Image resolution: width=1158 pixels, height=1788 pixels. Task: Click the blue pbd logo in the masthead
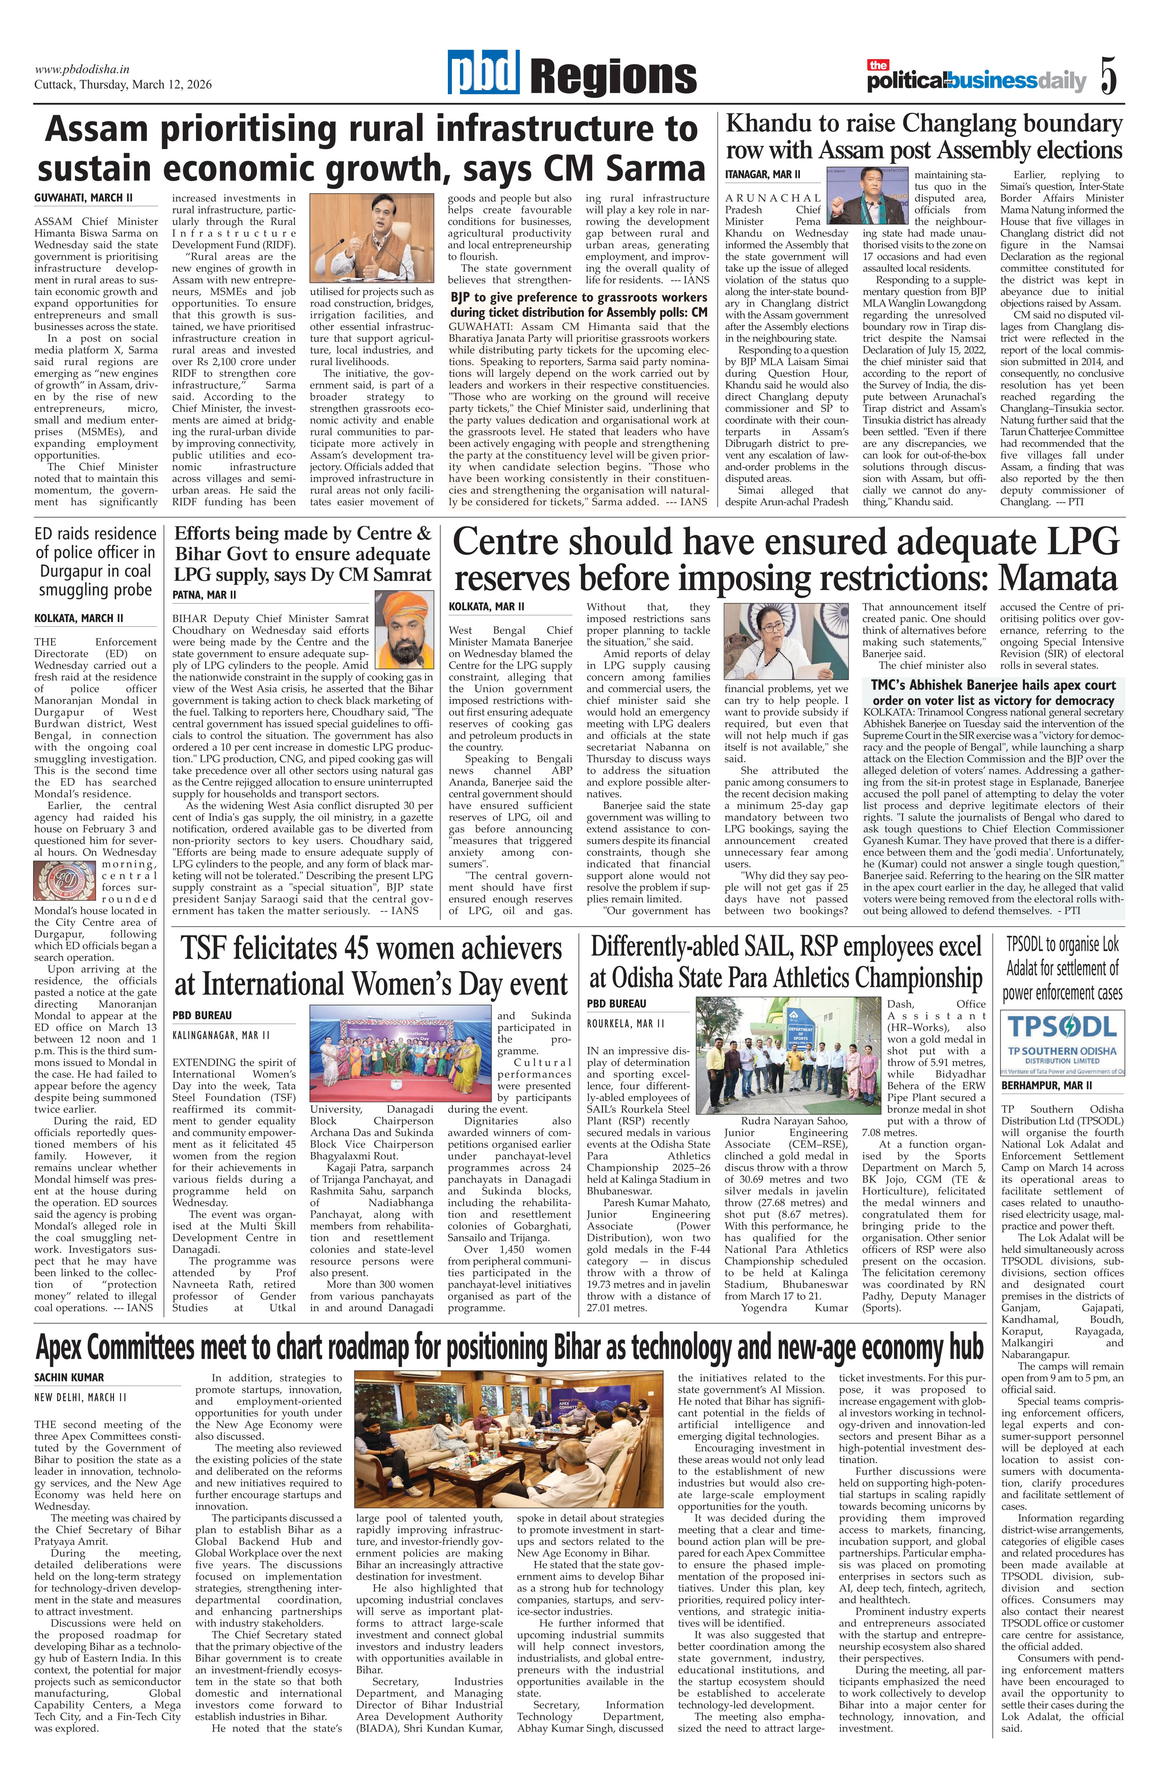[x=485, y=74]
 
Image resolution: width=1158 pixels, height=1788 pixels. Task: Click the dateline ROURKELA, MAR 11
[x=625, y=1023]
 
